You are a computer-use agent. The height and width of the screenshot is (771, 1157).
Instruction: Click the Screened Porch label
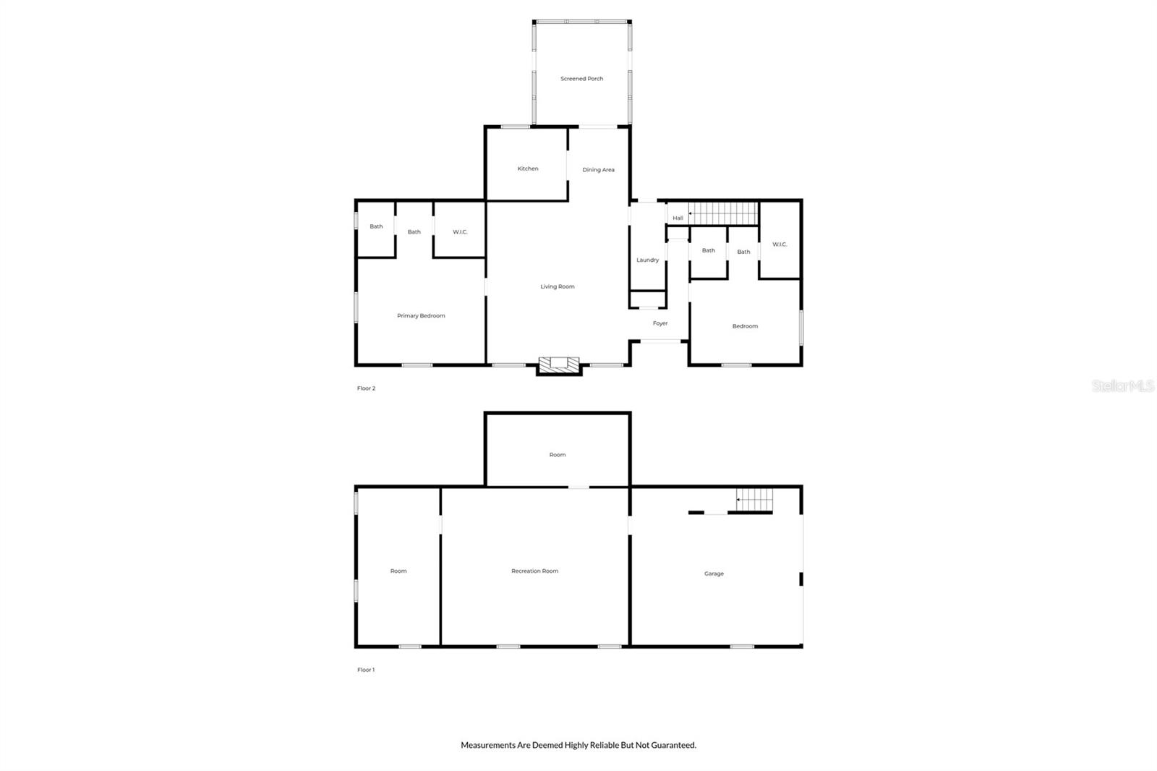(581, 79)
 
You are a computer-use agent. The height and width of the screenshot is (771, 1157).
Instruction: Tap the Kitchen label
(528, 169)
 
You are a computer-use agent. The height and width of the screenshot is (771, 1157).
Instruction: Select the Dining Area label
(598, 170)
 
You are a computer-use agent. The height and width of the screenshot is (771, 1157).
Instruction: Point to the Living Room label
(558, 286)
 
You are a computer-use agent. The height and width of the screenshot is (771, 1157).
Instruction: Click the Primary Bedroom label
(421, 316)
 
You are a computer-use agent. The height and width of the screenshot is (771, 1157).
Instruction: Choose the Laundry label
(647, 260)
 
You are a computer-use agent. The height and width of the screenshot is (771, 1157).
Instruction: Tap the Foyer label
(660, 323)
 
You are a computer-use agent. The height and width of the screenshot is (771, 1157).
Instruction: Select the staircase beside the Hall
(722, 213)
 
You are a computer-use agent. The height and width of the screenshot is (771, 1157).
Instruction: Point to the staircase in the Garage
(754, 498)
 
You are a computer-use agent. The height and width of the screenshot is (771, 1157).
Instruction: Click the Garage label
(714, 574)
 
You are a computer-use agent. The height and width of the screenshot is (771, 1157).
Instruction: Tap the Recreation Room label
(534, 571)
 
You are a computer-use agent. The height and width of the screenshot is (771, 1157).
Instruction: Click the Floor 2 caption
(366, 388)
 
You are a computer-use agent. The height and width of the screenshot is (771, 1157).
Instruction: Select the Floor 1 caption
(366, 670)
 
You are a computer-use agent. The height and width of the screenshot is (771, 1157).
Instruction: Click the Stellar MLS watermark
(1122, 386)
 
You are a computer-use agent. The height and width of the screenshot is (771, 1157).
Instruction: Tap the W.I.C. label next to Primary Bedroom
(460, 232)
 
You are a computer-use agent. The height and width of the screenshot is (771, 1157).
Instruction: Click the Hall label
(678, 218)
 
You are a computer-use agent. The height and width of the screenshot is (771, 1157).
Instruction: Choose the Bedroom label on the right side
(745, 326)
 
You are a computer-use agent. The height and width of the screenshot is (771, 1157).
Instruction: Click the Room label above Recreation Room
(557, 455)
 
